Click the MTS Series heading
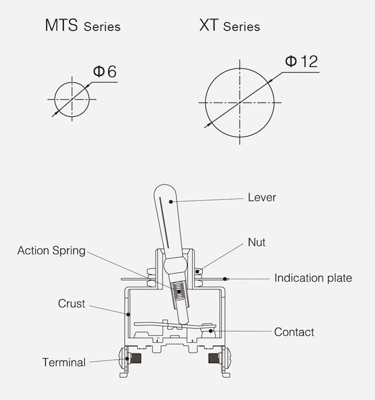[x=82, y=25]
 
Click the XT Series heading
[x=229, y=25]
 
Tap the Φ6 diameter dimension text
[x=105, y=71]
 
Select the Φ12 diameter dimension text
[x=301, y=61]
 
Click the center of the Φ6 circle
[x=72, y=99]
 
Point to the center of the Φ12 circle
[x=240, y=102]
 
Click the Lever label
[x=262, y=197]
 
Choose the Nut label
[x=256, y=242]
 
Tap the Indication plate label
[x=313, y=278]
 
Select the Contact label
[x=294, y=332]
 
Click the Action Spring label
[x=51, y=251]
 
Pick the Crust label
[x=71, y=303]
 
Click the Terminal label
[x=64, y=362]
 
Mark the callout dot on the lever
[x=171, y=202]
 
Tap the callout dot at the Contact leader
[x=210, y=331]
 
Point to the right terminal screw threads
[x=214, y=358]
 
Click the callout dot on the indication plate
[x=224, y=279]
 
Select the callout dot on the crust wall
[x=128, y=314]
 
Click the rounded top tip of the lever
[x=165, y=184]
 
